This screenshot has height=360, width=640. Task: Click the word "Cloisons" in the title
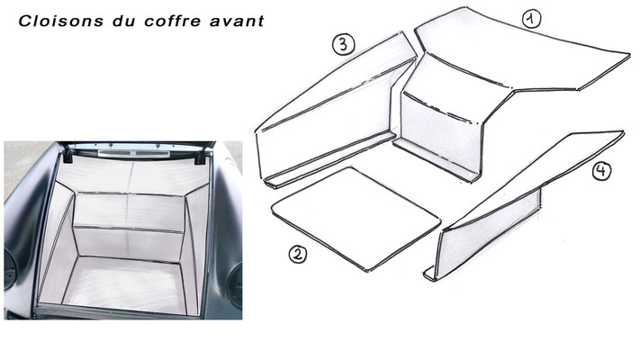[61, 22]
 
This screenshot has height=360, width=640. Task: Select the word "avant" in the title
[237, 22]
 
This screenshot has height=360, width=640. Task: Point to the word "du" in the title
[123, 22]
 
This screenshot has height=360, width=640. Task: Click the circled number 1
[531, 19]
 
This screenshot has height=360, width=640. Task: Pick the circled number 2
[298, 254]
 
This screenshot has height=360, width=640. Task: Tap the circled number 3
[343, 44]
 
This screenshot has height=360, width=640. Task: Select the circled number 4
[601, 171]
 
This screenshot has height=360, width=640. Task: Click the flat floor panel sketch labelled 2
[356, 219]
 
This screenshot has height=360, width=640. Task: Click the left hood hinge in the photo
[68, 155]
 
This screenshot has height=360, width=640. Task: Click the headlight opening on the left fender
[10, 269]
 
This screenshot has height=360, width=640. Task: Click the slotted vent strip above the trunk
[134, 154]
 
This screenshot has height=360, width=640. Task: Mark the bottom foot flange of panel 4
[429, 274]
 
